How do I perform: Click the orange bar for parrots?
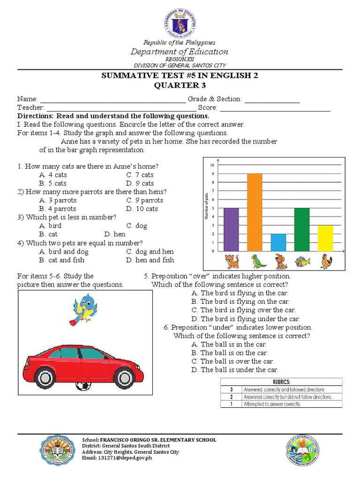tap(255, 212)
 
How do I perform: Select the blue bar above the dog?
tap(278, 242)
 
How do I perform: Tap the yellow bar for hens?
tap(325, 238)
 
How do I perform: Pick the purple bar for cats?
tap(232, 230)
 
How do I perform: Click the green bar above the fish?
tap(302, 230)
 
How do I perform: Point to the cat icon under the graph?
tap(231, 261)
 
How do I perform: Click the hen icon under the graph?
tap(326, 261)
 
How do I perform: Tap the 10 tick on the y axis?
tap(212, 165)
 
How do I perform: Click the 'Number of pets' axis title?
tap(206, 206)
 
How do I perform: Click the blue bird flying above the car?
tap(85, 307)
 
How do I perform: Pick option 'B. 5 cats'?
tap(53, 183)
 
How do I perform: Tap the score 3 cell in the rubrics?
tap(231, 390)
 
